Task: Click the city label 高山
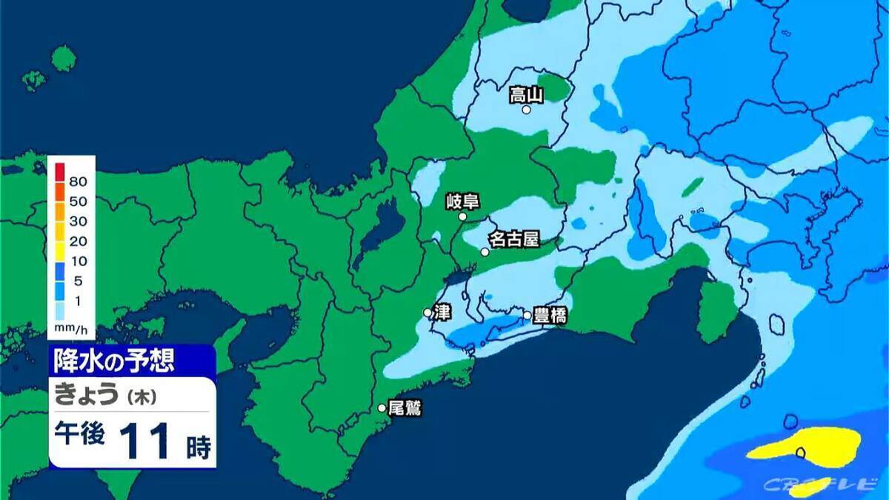(x=527, y=94)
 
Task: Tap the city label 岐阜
(x=464, y=201)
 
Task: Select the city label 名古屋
(x=513, y=239)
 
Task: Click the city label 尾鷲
(x=405, y=407)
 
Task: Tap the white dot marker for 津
(x=427, y=313)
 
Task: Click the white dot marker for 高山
(x=526, y=110)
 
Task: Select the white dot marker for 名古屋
(x=485, y=252)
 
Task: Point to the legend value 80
(x=79, y=181)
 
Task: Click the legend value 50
(x=79, y=201)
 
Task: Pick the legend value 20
(x=79, y=241)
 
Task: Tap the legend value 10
(x=79, y=261)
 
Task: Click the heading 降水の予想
(x=114, y=361)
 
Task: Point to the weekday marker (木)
(x=140, y=397)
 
